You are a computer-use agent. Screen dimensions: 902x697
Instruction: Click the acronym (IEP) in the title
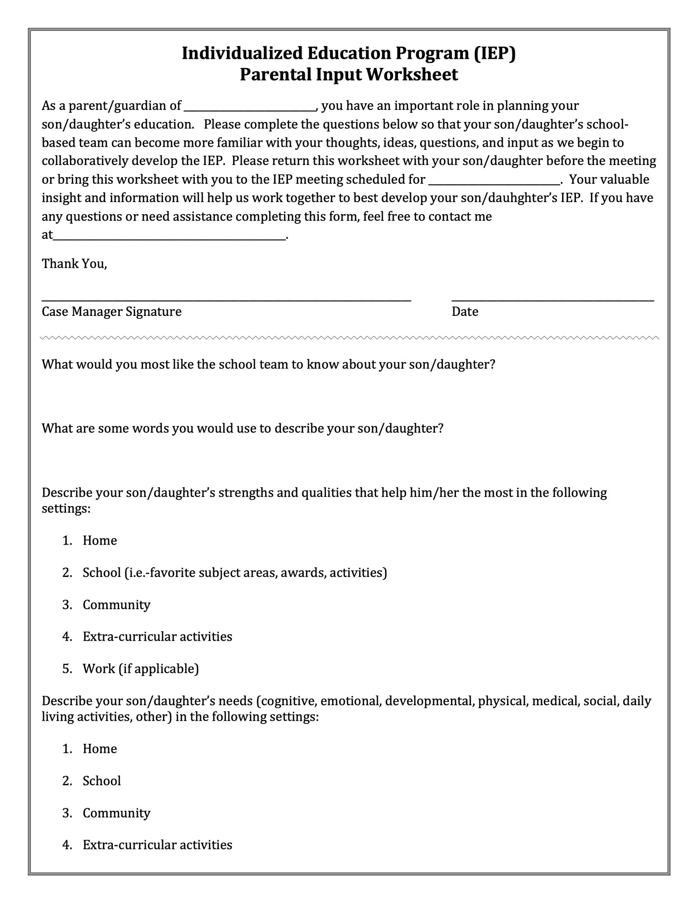(494, 53)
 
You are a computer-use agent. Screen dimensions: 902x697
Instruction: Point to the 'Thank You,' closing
(74, 264)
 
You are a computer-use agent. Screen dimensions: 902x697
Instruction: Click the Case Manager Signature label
(111, 312)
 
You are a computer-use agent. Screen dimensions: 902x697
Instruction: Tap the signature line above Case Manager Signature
(226, 300)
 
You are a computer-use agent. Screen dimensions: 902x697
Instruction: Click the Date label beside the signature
(465, 312)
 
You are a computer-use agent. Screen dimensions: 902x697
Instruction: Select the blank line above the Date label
(553, 300)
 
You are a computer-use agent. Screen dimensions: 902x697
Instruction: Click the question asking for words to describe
(242, 428)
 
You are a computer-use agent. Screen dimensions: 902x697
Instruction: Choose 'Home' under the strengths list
(100, 540)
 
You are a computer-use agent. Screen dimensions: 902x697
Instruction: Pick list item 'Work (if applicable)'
(140, 669)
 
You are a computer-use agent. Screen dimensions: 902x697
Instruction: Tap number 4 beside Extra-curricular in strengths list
(67, 637)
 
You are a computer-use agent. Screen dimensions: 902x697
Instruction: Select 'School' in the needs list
(102, 781)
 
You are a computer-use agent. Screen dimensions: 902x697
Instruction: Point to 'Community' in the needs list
(116, 813)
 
